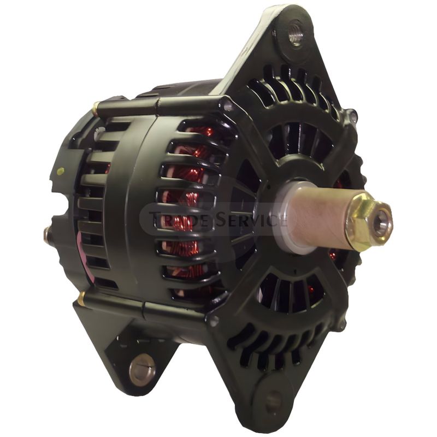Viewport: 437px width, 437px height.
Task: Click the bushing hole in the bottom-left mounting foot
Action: pos(143,368)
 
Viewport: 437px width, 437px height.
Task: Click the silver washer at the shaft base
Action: pos(281,217)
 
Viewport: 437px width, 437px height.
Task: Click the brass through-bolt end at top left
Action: pos(96,108)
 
